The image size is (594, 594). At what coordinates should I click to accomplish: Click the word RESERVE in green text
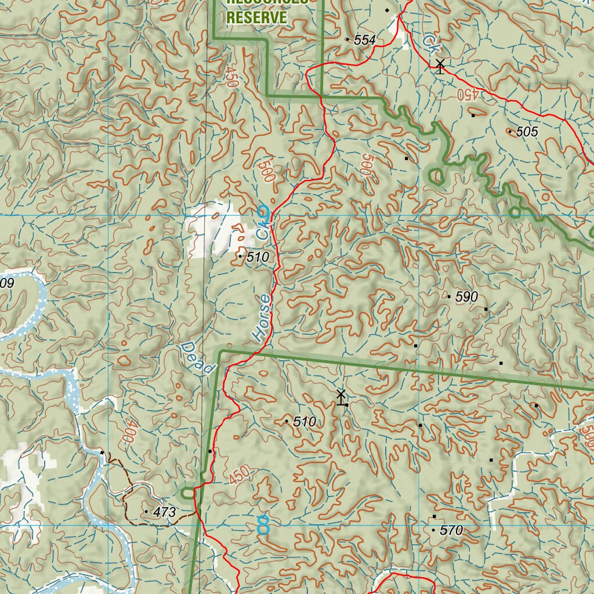(256, 17)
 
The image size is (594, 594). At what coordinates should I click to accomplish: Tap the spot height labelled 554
(365, 40)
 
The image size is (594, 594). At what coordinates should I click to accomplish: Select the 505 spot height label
(527, 132)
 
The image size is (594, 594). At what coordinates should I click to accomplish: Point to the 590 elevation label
(466, 297)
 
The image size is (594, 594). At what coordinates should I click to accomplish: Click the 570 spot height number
(451, 530)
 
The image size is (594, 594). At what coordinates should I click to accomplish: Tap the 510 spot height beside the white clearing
(258, 257)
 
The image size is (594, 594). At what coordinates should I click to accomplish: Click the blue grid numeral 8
(263, 525)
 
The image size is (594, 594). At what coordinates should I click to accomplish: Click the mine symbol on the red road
(440, 66)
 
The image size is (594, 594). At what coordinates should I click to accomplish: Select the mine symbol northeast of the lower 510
(341, 397)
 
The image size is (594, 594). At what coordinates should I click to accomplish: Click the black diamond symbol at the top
(387, 10)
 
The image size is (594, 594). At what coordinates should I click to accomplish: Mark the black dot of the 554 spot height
(347, 39)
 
